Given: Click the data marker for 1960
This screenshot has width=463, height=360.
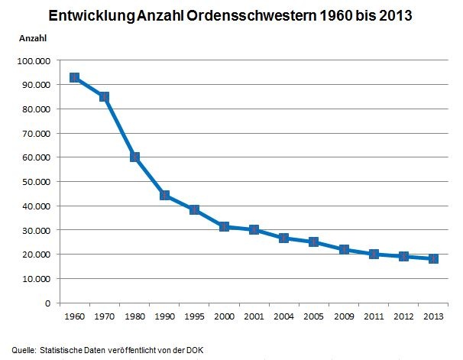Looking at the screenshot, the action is coord(74,78).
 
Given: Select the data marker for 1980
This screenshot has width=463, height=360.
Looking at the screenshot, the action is coord(134,157).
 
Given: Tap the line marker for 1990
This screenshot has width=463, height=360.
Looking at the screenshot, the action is coord(165,195).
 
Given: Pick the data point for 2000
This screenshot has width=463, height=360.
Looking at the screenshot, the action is coord(224,227).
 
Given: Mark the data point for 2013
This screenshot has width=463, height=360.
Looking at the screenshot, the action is coord(433,259).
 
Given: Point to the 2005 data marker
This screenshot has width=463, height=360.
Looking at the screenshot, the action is coord(313,242).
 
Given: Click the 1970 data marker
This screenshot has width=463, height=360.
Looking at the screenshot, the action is coord(104,97).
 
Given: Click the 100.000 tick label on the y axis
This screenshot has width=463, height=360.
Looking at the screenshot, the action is coord(34,61).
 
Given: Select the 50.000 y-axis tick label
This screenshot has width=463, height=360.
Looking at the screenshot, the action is coord(37,182).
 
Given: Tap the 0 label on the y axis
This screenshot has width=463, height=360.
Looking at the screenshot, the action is coord(48,303).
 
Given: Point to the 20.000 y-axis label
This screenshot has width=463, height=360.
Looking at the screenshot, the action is coord(37,255).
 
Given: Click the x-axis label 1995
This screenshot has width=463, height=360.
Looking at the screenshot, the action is coord(194,316).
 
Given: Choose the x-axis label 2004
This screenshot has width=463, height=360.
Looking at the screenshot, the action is coord(283,316).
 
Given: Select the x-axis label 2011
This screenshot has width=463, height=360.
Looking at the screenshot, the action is coord(374,316).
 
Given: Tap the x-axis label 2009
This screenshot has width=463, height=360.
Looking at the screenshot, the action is coord(344,316).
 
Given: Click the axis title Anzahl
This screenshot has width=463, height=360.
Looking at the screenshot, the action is coord(33,38).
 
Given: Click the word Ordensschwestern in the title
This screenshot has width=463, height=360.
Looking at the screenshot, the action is coord(251,15).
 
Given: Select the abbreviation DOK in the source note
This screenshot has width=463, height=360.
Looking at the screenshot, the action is coord(195,350).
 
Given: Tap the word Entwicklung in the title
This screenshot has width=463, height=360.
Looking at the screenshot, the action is coord(92,16).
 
